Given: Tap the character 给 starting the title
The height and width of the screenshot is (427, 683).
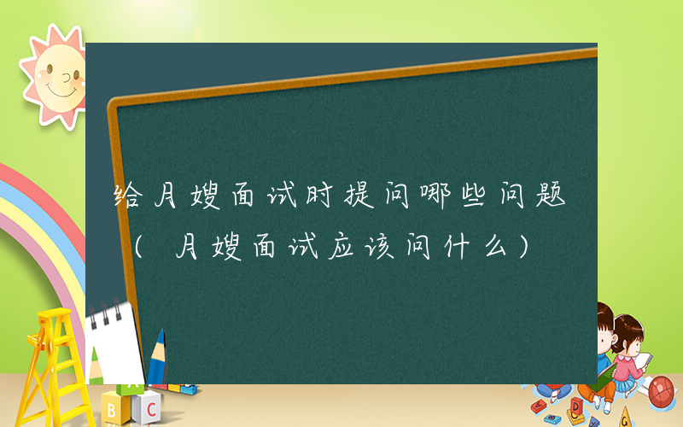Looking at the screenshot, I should click(130, 197).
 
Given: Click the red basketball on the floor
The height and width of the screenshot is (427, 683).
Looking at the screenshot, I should click(663, 390).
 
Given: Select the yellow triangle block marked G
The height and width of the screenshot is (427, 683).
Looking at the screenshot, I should click(627, 417).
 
